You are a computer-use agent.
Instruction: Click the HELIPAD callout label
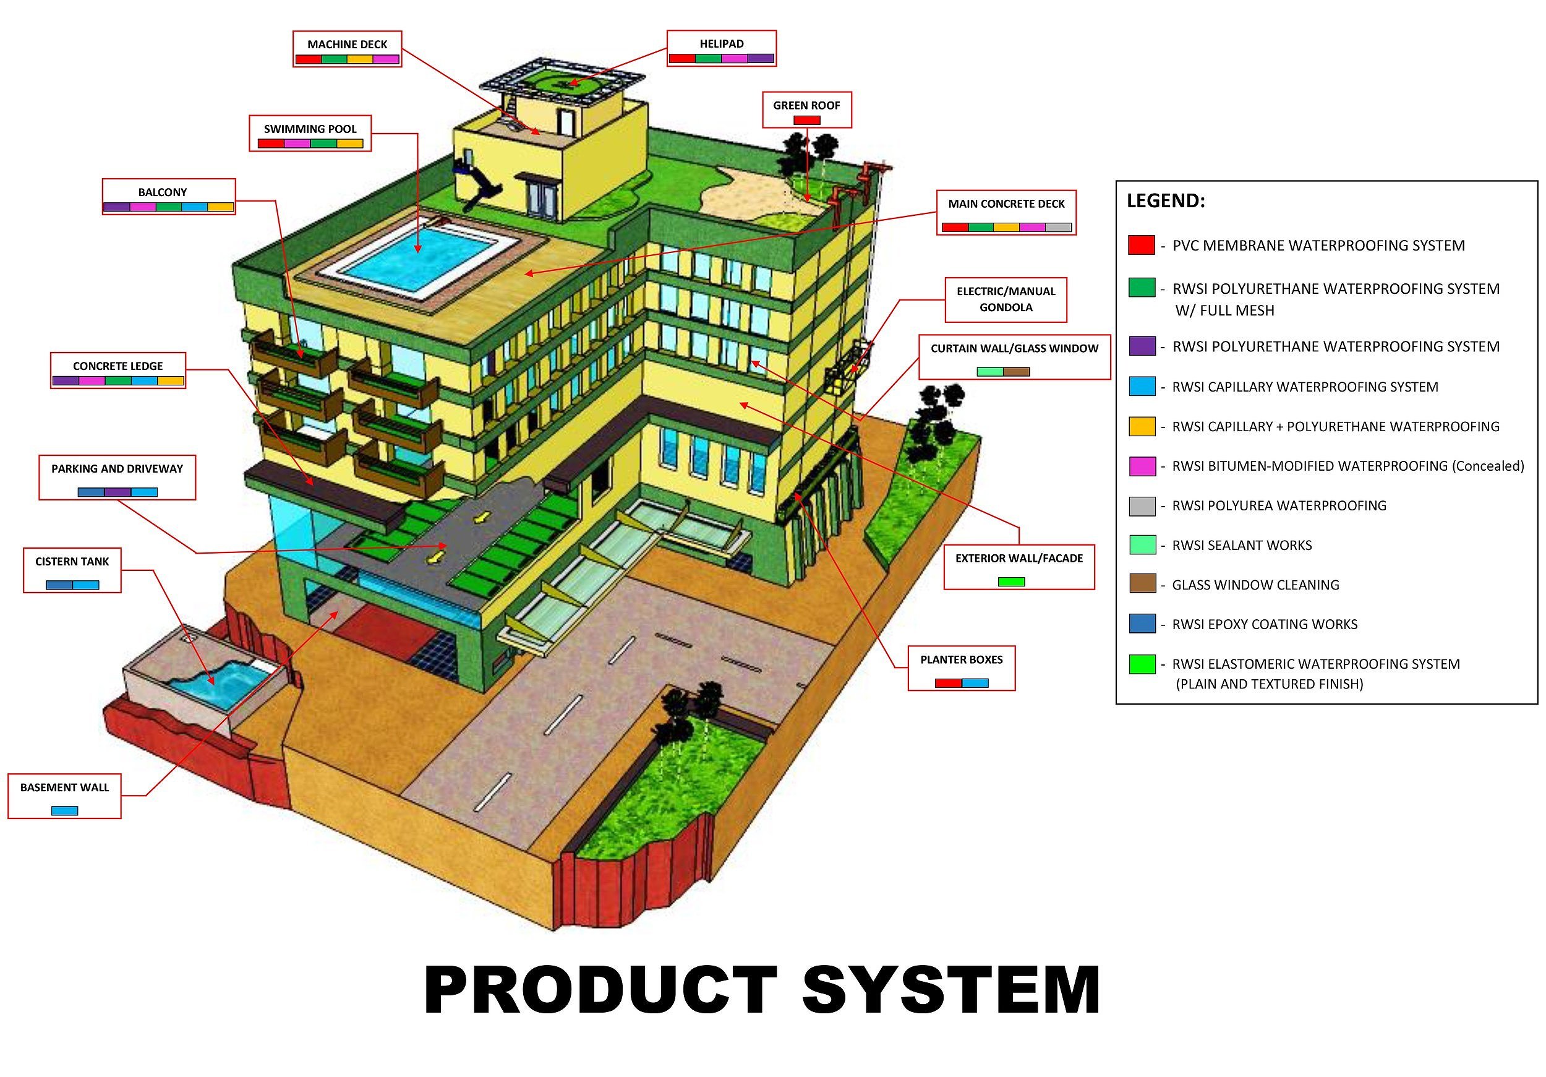[x=721, y=44]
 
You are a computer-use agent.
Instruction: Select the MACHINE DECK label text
[x=347, y=45]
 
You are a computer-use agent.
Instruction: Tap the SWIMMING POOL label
[x=310, y=129]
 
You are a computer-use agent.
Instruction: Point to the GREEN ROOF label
[x=806, y=106]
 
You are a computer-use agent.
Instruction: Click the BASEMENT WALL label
[x=65, y=787]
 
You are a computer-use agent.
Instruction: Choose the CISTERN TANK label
[x=72, y=562]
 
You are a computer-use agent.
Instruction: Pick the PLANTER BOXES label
[x=961, y=659]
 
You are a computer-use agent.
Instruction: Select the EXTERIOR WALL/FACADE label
[x=1019, y=559]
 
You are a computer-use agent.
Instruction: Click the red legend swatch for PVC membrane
[x=1142, y=245]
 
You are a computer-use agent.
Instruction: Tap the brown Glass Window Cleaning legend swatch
[x=1142, y=584]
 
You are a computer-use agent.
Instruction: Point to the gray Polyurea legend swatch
[x=1142, y=505]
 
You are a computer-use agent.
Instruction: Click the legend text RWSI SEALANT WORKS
[x=1242, y=546]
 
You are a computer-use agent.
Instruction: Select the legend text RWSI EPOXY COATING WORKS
[x=1265, y=624]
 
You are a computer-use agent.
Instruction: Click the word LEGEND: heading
[x=1166, y=200]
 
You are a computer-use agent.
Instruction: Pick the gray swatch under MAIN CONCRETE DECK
[x=1059, y=228]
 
